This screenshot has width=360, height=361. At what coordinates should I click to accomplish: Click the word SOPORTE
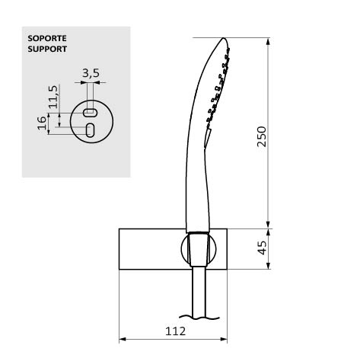(x=47, y=38)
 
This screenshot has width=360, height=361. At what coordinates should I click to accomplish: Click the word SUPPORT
(x=47, y=49)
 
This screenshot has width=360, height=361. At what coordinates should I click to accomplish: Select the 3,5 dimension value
(x=91, y=73)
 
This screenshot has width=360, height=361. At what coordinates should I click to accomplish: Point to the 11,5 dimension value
(x=53, y=97)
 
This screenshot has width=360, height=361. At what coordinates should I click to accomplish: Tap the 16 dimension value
(x=42, y=123)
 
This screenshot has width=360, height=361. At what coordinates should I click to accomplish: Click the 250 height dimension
(x=262, y=136)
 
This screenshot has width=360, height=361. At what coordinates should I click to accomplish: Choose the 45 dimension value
(x=262, y=248)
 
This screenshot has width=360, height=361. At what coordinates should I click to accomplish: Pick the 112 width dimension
(x=176, y=331)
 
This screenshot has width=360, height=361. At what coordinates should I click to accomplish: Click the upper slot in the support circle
(x=90, y=113)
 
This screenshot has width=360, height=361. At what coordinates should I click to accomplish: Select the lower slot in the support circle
(x=90, y=130)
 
